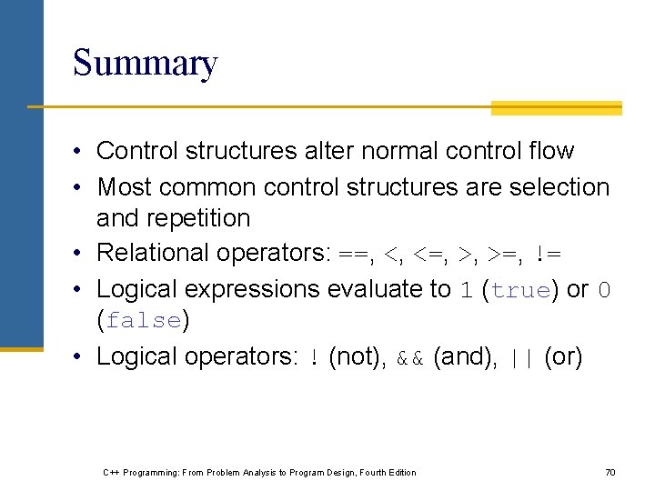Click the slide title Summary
click(145, 64)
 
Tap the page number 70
click(610, 472)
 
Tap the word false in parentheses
click(143, 321)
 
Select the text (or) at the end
click(563, 356)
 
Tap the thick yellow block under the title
click(556, 108)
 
